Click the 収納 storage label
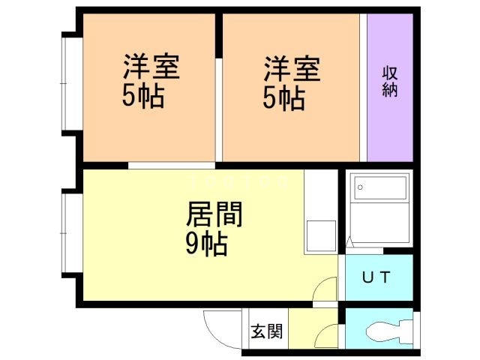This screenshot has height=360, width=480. point(390,82)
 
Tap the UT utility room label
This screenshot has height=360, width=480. point(376,277)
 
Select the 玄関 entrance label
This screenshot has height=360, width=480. point(267,331)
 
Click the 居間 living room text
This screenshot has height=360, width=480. point(214,214)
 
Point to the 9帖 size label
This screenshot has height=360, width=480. point(207,244)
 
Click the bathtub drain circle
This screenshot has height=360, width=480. point(360,187)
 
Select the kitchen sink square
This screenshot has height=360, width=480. point(321,235)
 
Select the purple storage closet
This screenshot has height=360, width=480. point(390,88)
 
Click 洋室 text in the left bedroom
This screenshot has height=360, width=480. point(151,67)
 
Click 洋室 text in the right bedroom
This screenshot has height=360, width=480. point(292,68)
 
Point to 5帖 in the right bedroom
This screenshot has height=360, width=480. point(284,98)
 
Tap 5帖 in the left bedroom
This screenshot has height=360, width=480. point(143,96)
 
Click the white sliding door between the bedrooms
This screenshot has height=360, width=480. point(218,109)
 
